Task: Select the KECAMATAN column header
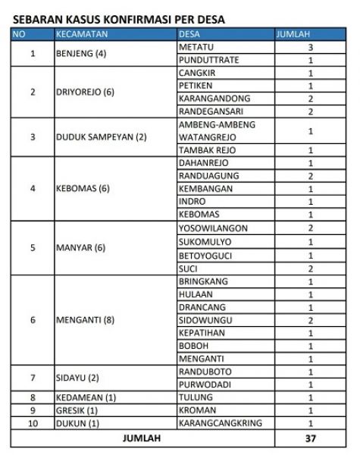[82, 35]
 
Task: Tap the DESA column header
[190, 35]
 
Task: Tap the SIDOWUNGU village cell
[201, 320]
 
